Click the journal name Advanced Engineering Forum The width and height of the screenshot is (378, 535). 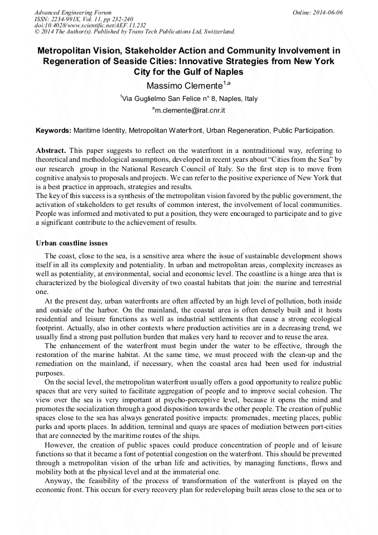tap(72, 12)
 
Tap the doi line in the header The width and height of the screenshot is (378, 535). tap(90, 25)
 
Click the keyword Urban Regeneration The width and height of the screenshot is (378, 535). tap(238, 131)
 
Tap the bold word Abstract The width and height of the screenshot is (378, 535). tap(51, 151)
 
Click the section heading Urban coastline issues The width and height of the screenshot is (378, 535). tap(72, 243)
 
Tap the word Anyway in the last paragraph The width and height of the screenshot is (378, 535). tap(59, 480)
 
